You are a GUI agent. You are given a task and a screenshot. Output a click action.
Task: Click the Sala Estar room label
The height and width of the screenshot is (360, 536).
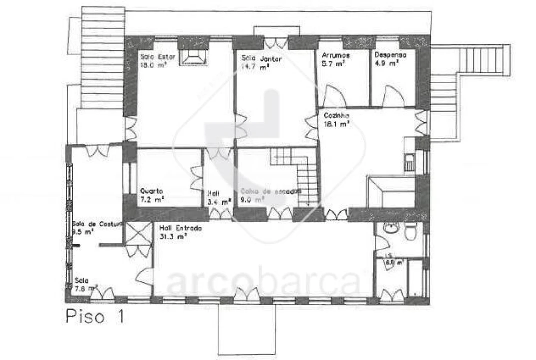[157, 56]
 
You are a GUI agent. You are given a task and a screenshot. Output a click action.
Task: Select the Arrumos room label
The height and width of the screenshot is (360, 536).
[336, 55]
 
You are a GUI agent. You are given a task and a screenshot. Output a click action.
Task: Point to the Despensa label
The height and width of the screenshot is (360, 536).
[390, 55]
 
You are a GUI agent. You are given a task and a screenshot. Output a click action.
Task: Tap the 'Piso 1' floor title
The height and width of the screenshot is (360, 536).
[94, 317]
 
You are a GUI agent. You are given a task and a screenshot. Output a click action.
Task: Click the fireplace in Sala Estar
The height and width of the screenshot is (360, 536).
[194, 56]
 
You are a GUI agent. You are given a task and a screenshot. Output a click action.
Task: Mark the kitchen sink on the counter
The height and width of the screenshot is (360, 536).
[409, 163]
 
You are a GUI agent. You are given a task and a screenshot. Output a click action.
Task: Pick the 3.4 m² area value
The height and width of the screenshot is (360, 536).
[219, 202]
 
